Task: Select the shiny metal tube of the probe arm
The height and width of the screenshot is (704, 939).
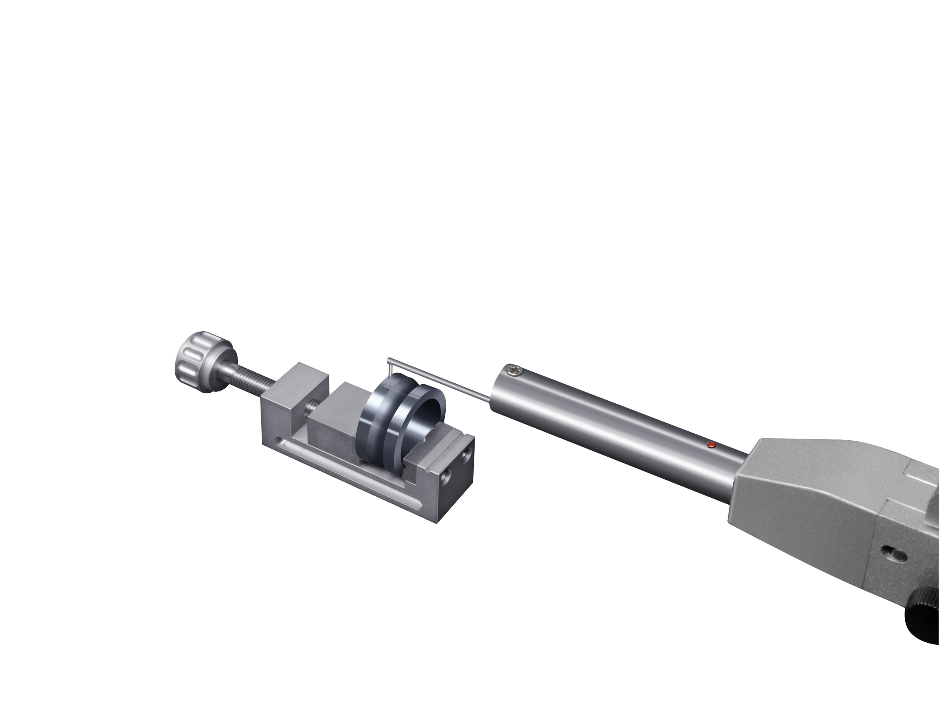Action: point(615,429)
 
